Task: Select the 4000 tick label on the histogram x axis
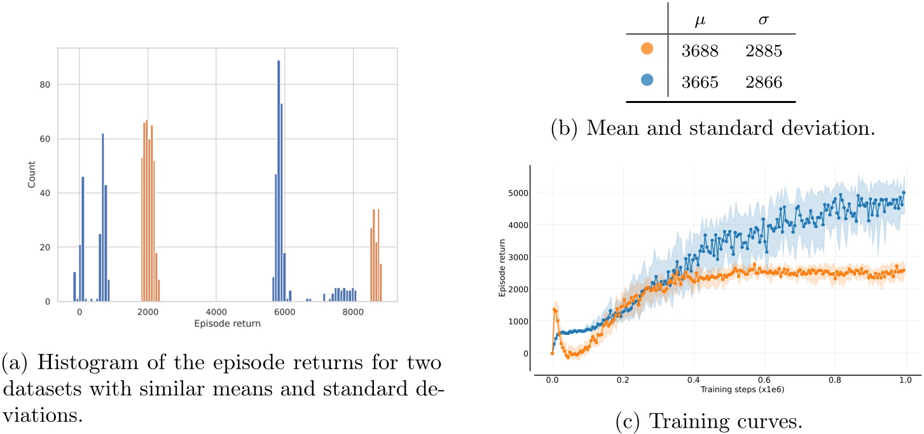coord(216,312)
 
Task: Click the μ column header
coord(699,22)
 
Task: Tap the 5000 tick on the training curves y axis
coord(517,192)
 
